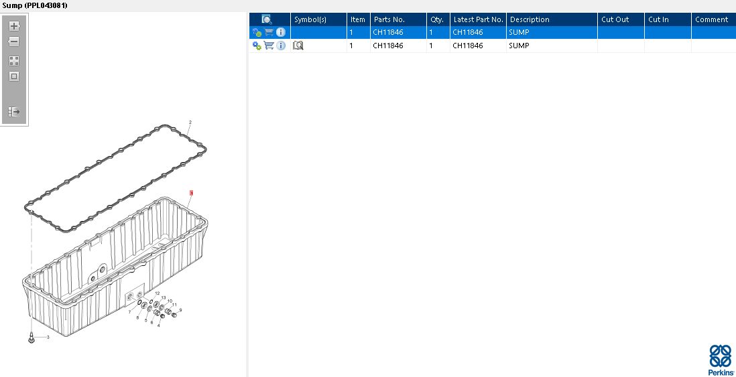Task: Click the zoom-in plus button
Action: [14, 26]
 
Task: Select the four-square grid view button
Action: [14, 61]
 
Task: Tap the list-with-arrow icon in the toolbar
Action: [14, 112]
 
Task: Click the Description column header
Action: [530, 19]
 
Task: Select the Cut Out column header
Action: [615, 19]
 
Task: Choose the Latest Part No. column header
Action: [479, 19]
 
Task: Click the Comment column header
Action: [712, 19]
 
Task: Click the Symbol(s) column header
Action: [310, 19]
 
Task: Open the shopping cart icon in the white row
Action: [269, 46]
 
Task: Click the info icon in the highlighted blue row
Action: [281, 32]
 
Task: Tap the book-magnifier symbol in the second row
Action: [298, 46]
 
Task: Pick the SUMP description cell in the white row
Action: [519, 46]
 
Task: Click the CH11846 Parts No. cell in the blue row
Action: [387, 32]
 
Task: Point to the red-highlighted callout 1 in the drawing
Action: [191, 193]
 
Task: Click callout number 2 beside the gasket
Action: [190, 123]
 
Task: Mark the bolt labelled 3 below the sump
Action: [32, 337]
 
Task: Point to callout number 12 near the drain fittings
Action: [158, 293]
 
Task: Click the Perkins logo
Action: [721, 360]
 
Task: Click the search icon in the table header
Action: [267, 19]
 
